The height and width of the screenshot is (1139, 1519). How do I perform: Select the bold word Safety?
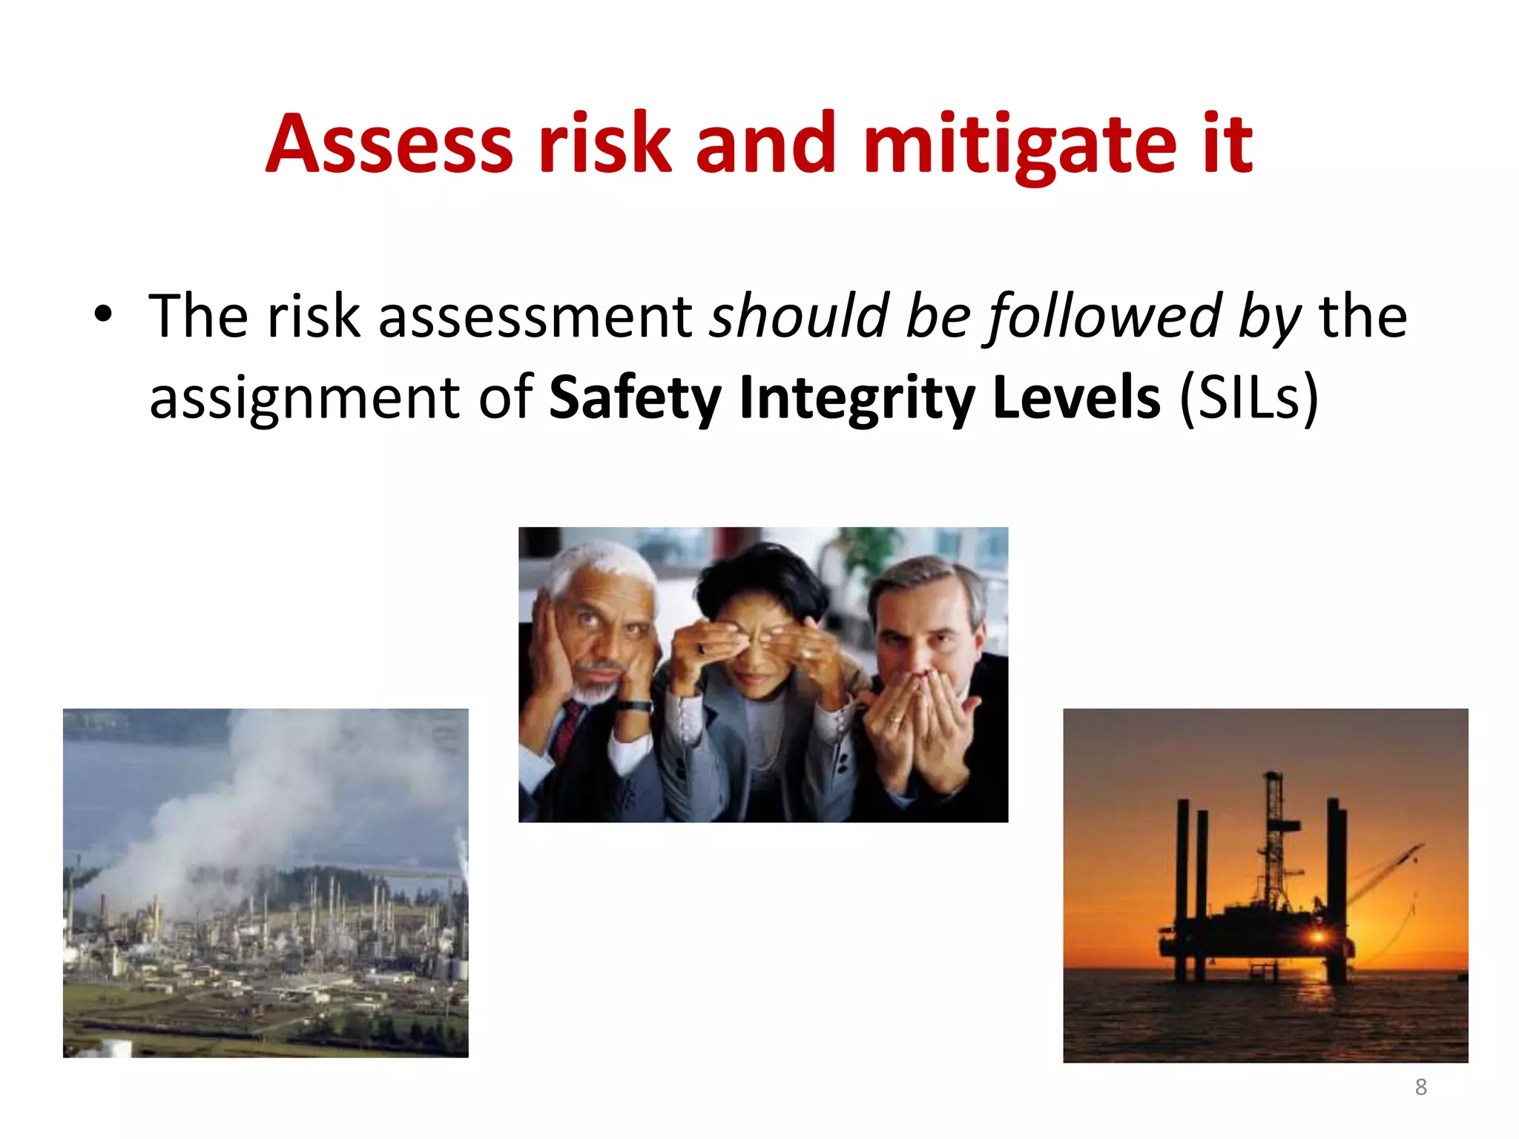tap(634, 398)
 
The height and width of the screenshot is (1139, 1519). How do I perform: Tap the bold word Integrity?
tap(857, 398)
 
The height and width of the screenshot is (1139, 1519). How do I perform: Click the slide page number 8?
tap(1420, 1087)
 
